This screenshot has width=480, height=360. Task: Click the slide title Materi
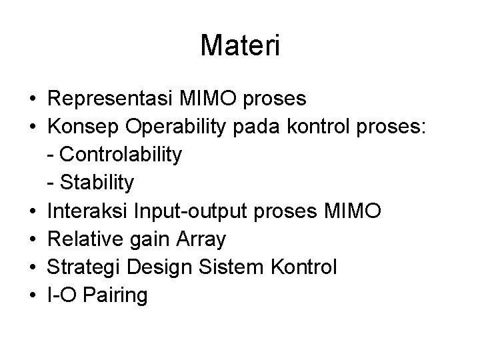coord(240,46)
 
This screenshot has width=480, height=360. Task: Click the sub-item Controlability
coord(120,155)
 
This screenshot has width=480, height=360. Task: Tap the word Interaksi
coord(85,211)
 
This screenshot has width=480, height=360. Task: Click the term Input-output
coord(178,211)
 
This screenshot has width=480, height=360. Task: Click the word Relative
coord(83,239)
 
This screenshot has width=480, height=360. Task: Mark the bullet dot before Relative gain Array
coord(33,239)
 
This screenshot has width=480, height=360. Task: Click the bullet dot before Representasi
coord(33,100)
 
